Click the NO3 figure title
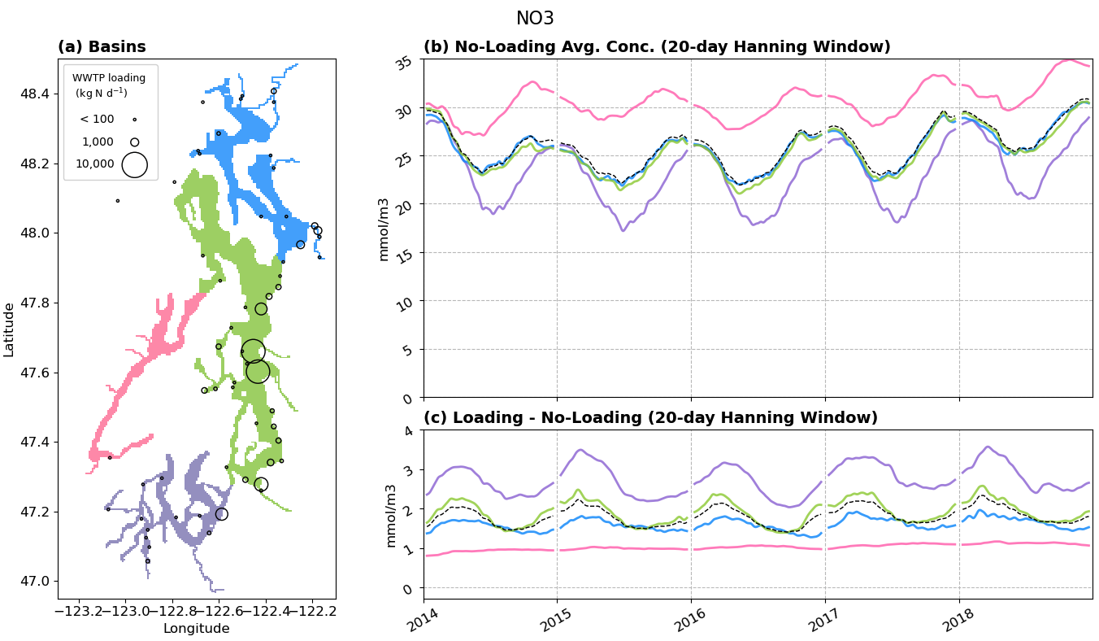(x=535, y=19)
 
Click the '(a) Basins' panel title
(x=102, y=47)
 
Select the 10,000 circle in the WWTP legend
(x=134, y=164)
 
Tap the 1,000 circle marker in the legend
(x=134, y=142)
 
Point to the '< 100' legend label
(x=97, y=120)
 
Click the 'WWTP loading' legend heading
(x=109, y=78)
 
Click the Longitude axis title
(x=196, y=628)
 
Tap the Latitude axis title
(x=9, y=329)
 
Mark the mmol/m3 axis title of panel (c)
(x=391, y=515)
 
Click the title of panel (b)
(x=657, y=47)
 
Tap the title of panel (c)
(x=650, y=418)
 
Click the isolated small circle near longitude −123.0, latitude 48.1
(x=117, y=200)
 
